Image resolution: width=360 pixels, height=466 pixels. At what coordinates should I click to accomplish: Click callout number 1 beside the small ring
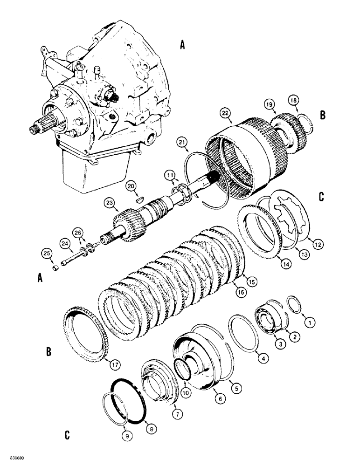click(308, 321)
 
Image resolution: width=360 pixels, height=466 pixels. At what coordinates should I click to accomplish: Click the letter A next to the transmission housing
click(183, 45)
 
